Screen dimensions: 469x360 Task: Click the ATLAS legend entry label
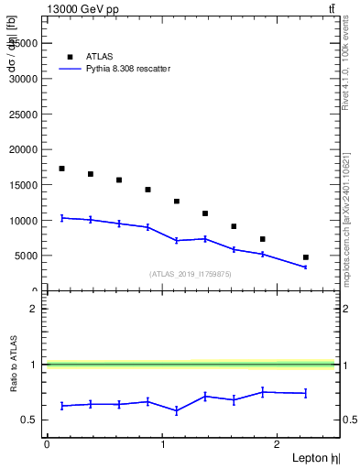pyautogui.click(x=99, y=56)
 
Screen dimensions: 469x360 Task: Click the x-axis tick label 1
pyautogui.click(x=163, y=444)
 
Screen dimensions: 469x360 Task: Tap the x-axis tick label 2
pyautogui.click(x=279, y=444)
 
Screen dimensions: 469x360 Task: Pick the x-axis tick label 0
pyautogui.click(x=47, y=444)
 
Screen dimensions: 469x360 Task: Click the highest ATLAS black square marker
pyautogui.click(x=61, y=169)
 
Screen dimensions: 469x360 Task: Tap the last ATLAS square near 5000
pyautogui.click(x=306, y=257)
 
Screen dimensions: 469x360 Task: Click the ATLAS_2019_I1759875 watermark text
pyautogui.click(x=191, y=274)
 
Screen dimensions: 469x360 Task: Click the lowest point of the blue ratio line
pyautogui.click(x=176, y=411)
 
